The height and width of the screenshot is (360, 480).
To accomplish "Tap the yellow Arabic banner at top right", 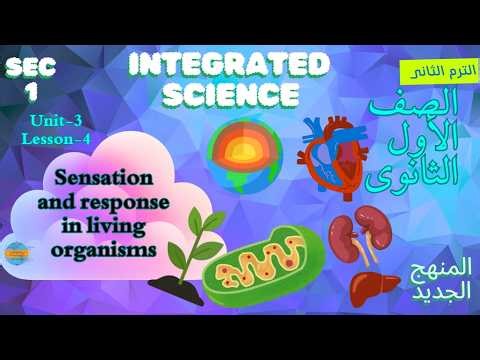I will click(x=436, y=72).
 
